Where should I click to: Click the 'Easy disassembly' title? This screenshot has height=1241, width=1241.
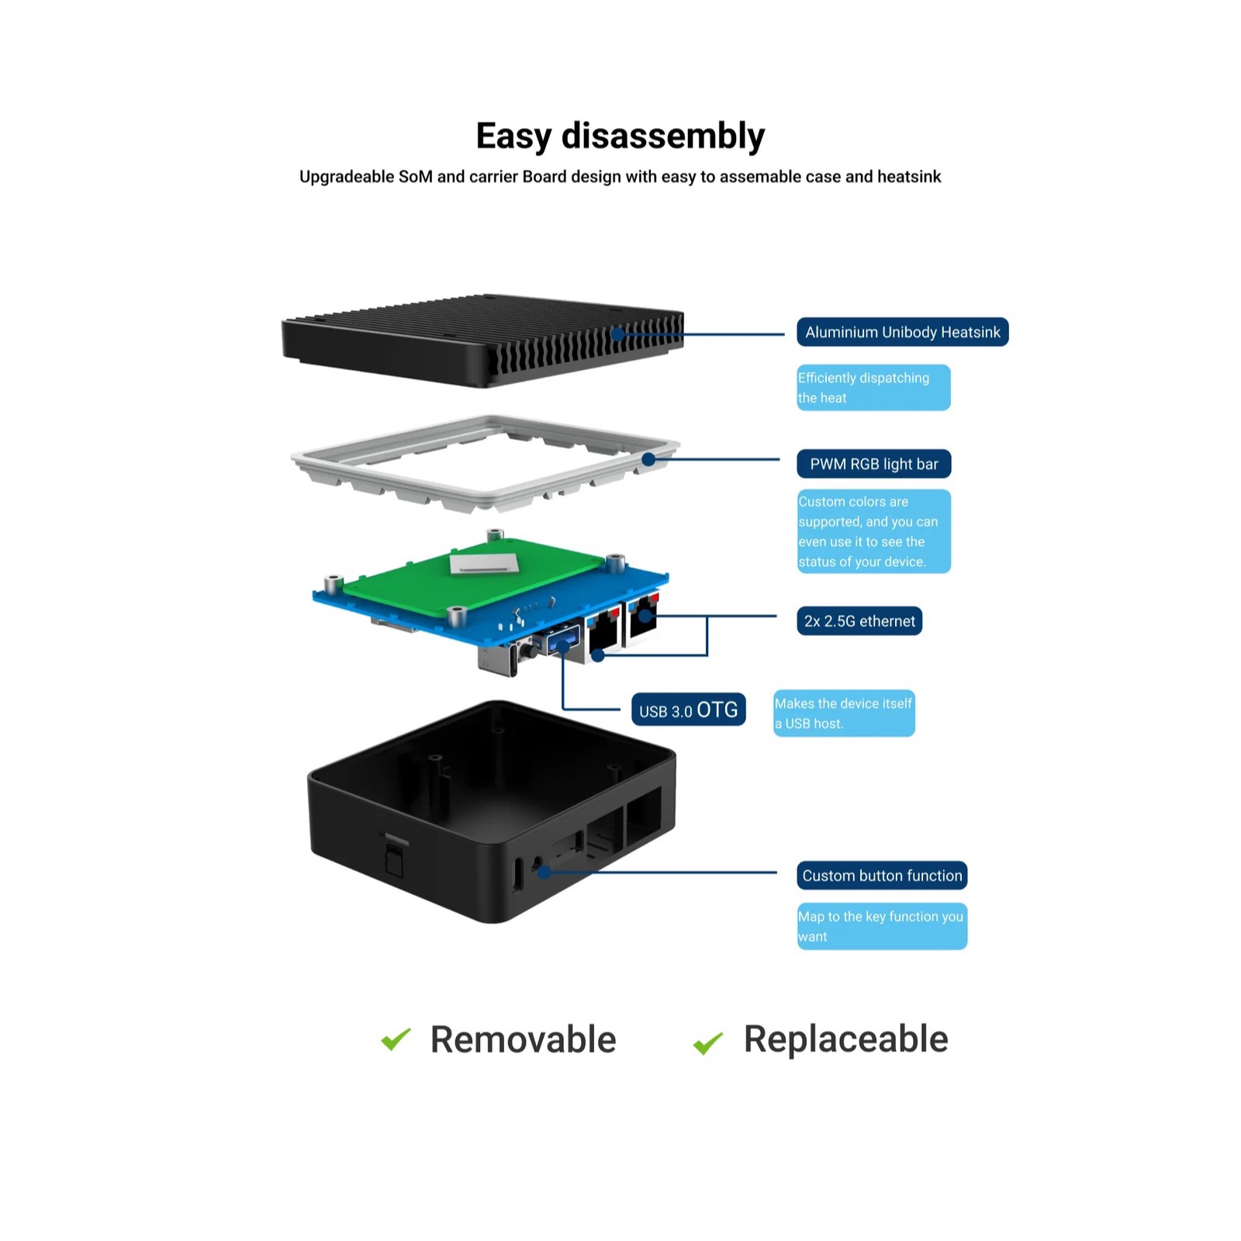pyautogui.click(x=620, y=137)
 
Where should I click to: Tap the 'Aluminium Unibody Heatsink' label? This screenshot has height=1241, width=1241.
pyautogui.click(x=902, y=332)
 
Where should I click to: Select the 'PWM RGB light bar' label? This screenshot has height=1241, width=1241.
pyautogui.click(x=873, y=464)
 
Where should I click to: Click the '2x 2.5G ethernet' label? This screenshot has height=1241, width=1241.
pyautogui.click(x=859, y=621)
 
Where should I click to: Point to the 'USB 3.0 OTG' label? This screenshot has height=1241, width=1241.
pyautogui.click(x=688, y=710)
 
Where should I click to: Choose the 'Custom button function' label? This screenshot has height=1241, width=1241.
pyautogui.click(x=882, y=876)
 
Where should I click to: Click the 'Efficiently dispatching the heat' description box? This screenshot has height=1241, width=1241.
pyautogui.click(x=873, y=388)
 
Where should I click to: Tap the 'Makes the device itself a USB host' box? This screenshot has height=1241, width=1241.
pyautogui.click(x=844, y=714)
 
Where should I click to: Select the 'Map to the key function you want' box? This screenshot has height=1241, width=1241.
pyautogui.click(x=882, y=926)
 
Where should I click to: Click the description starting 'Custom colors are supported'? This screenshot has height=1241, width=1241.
pyautogui.click(x=873, y=531)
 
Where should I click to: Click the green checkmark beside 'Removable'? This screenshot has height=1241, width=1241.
pyautogui.click(x=396, y=1039)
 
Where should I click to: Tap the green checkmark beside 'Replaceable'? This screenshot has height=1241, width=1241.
pyautogui.click(x=707, y=1042)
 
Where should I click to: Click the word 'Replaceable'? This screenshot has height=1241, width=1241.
pyautogui.click(x=845, y=1039)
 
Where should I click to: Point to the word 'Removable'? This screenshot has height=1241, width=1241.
pyautogui.click(x=523, y=1040)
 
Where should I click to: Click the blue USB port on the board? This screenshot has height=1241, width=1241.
pyautogui.click(x=564, y=640)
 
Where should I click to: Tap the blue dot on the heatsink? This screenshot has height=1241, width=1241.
pyautogui.click(x=617, y=334)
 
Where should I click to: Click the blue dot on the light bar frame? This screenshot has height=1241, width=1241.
pyautogui.click(x=648, y=460)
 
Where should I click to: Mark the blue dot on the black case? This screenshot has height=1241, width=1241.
pyautogui.click(x=544, y=872)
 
